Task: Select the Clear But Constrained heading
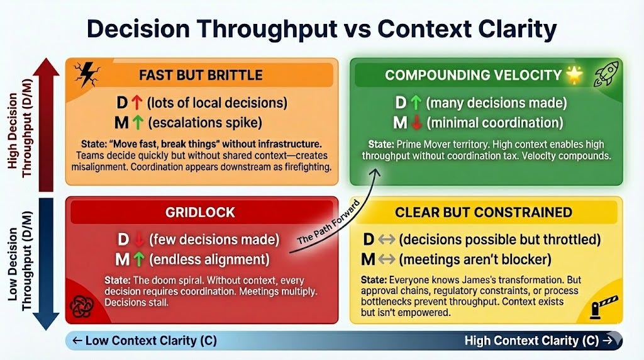[x=483, y=212]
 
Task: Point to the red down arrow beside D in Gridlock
[x=139, y=239]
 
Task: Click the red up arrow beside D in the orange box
[x=139, y=102]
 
